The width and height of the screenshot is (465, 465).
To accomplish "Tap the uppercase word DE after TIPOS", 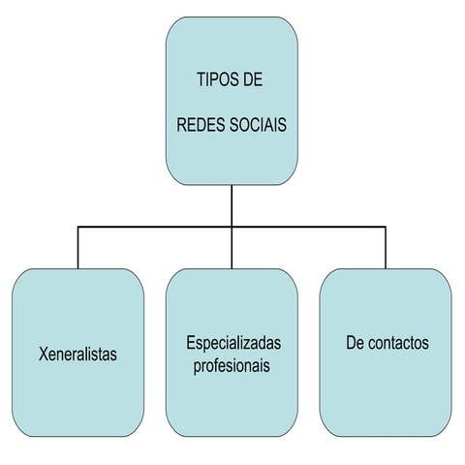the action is point(253,79).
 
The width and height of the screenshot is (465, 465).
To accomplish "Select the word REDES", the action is point(201,125).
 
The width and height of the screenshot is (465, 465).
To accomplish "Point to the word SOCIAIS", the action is point(258,125).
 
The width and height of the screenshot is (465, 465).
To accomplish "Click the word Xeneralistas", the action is point(77,354).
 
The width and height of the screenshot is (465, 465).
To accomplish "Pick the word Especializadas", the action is point(233,343).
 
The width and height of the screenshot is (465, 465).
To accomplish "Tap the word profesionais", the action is point(232,366).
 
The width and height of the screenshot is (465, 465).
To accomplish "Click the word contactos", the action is point(398,343).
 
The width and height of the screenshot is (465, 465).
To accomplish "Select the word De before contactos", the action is point(356,343).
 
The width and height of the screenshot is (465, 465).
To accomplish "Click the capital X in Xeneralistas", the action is point(44,354).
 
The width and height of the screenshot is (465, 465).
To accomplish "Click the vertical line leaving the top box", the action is point(232,205).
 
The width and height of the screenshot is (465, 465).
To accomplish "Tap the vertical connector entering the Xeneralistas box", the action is point(77,248).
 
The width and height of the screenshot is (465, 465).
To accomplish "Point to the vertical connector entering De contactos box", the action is point(386,248).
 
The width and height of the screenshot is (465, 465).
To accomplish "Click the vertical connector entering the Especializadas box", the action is point(232,248).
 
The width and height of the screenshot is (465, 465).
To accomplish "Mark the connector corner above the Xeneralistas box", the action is point(77,227).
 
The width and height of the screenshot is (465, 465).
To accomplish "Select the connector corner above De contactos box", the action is point(386,227).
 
